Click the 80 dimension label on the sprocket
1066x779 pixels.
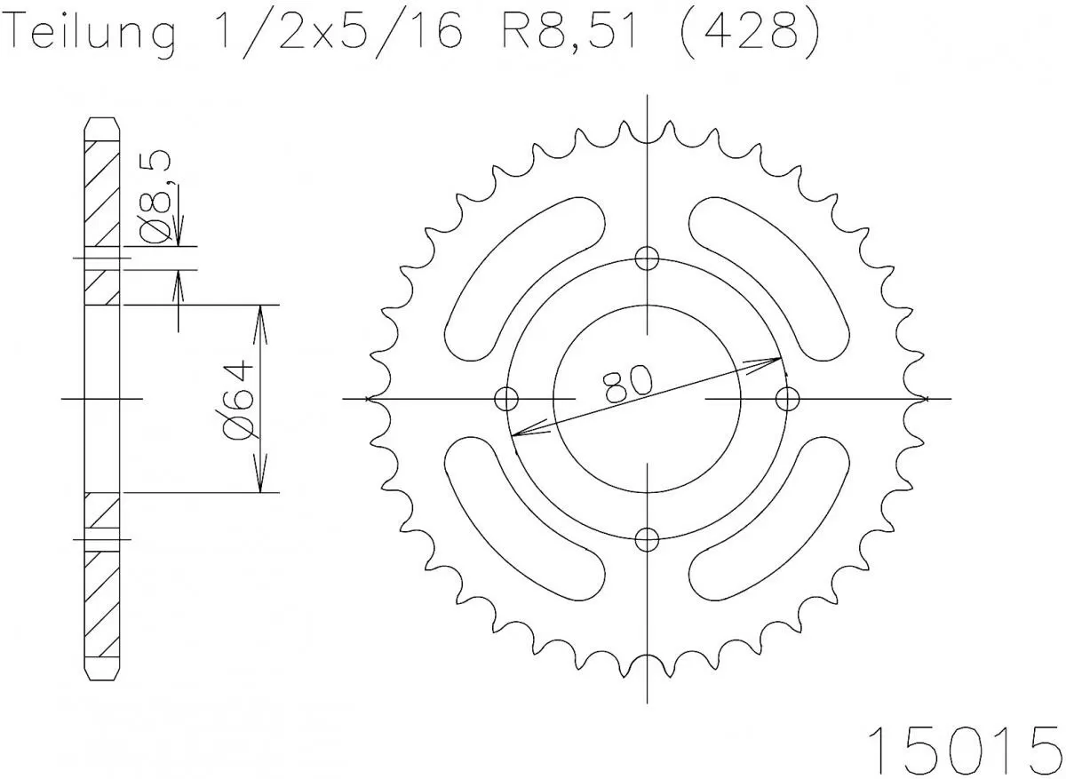(x=627, y=384)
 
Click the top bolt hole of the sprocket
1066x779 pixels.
(x=648, y=258)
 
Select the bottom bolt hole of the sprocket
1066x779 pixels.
(x=648, y=538)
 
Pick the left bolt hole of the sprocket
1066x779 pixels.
(x=506, y=399)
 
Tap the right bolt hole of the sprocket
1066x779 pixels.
(x=788, y=399)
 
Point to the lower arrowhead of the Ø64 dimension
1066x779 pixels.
(x=260, y=481)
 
